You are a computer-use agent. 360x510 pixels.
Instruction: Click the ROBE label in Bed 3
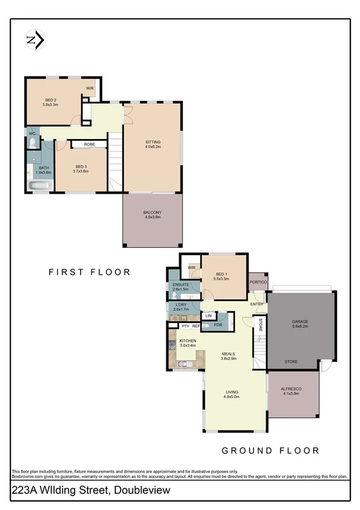coord(90,144)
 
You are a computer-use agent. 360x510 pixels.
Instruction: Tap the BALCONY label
coord(152,215)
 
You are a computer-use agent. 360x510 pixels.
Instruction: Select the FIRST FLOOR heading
coord(90,272)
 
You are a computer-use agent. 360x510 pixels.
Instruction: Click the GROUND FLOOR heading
coord(270,450)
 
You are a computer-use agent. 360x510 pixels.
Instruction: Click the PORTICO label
coord(258,282)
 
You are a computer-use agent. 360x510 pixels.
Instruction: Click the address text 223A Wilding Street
coord(90,491)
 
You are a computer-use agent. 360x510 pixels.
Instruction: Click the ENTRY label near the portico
coord(257,304)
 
